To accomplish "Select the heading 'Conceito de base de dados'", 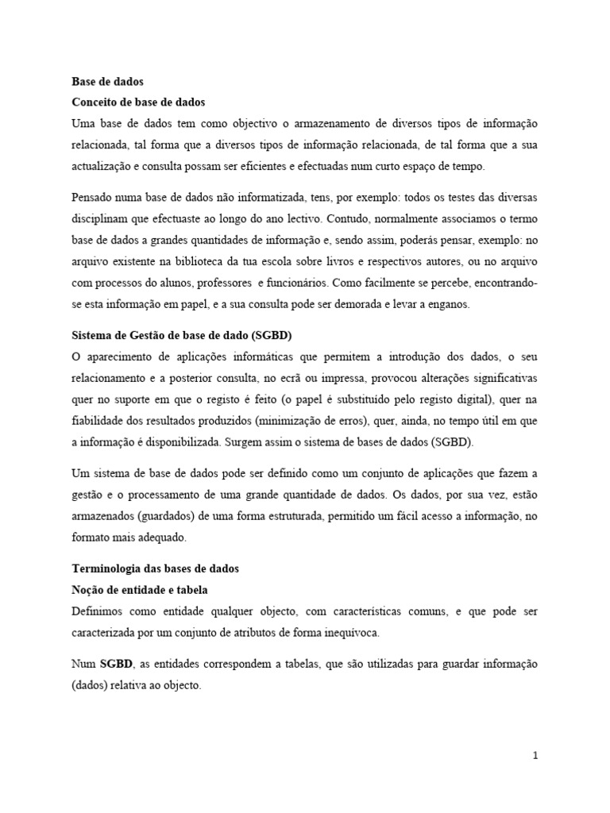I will click(138, 102).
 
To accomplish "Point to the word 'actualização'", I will click(103, 167).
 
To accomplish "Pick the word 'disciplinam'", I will click(102, 218).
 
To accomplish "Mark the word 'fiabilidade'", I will click(99, 420).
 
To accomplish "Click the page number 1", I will click(536, 757).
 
